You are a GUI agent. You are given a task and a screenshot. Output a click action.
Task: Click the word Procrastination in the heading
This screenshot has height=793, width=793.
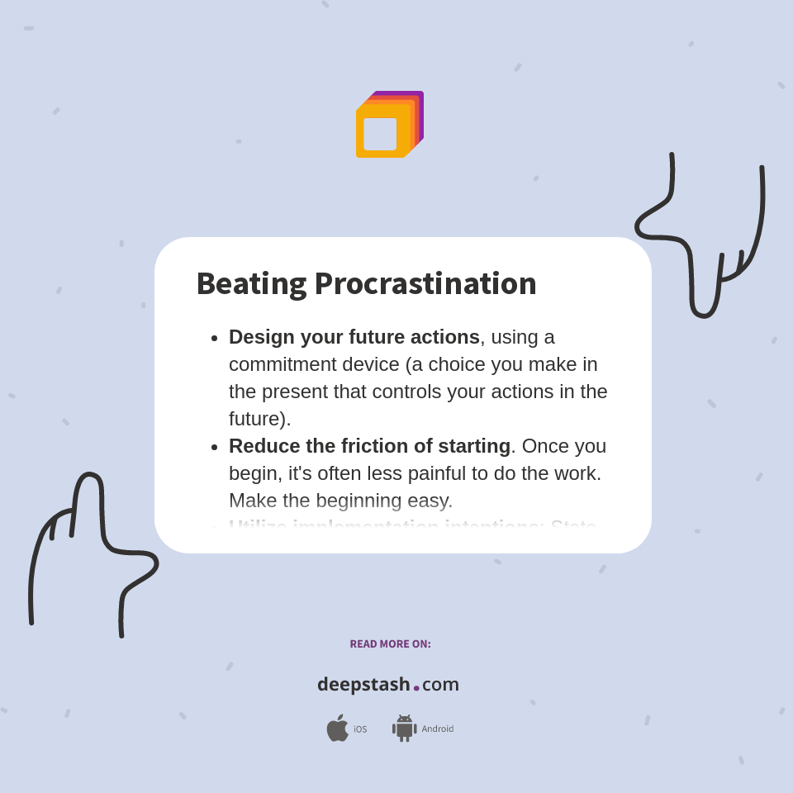pyautogui.click(x=425, y=283)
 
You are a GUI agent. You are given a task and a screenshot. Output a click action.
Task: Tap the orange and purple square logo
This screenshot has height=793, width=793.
pyautogui.click(x=389, y=125)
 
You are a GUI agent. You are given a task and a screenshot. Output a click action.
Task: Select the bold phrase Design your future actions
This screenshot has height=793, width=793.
pyautogui.click(x=354, y=337)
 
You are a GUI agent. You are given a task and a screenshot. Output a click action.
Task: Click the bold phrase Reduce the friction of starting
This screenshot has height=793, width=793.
pyautogui.click(x=369, y=446)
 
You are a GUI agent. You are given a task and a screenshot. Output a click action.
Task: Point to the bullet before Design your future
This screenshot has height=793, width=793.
pyautogui.click(x=215, y=338)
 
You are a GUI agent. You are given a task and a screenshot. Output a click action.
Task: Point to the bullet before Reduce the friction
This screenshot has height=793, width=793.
pyautogui.click(x=215, y=447)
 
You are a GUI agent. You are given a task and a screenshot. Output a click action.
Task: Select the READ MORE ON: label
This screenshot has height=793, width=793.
pyautogui.click(x=390, y=644)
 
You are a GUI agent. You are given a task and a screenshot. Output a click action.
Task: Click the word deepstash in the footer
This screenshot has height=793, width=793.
pyautogui.click(x=363, y=684)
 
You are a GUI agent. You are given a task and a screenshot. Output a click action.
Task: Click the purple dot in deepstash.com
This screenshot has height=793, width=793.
pyautogui.click(x=416, y=687)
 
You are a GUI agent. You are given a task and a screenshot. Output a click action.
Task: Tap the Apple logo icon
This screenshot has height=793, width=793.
pyautogui.click(x=337, y=729)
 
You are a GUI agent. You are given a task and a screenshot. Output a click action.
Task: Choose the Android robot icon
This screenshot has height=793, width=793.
pyautogui.click(x=404, y=729)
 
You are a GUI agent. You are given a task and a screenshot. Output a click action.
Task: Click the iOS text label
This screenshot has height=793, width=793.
pyautogui.click(x=360, y=729)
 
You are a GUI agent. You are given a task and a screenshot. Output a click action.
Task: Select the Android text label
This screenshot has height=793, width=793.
pyautogui.click(x=437, y=729)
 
